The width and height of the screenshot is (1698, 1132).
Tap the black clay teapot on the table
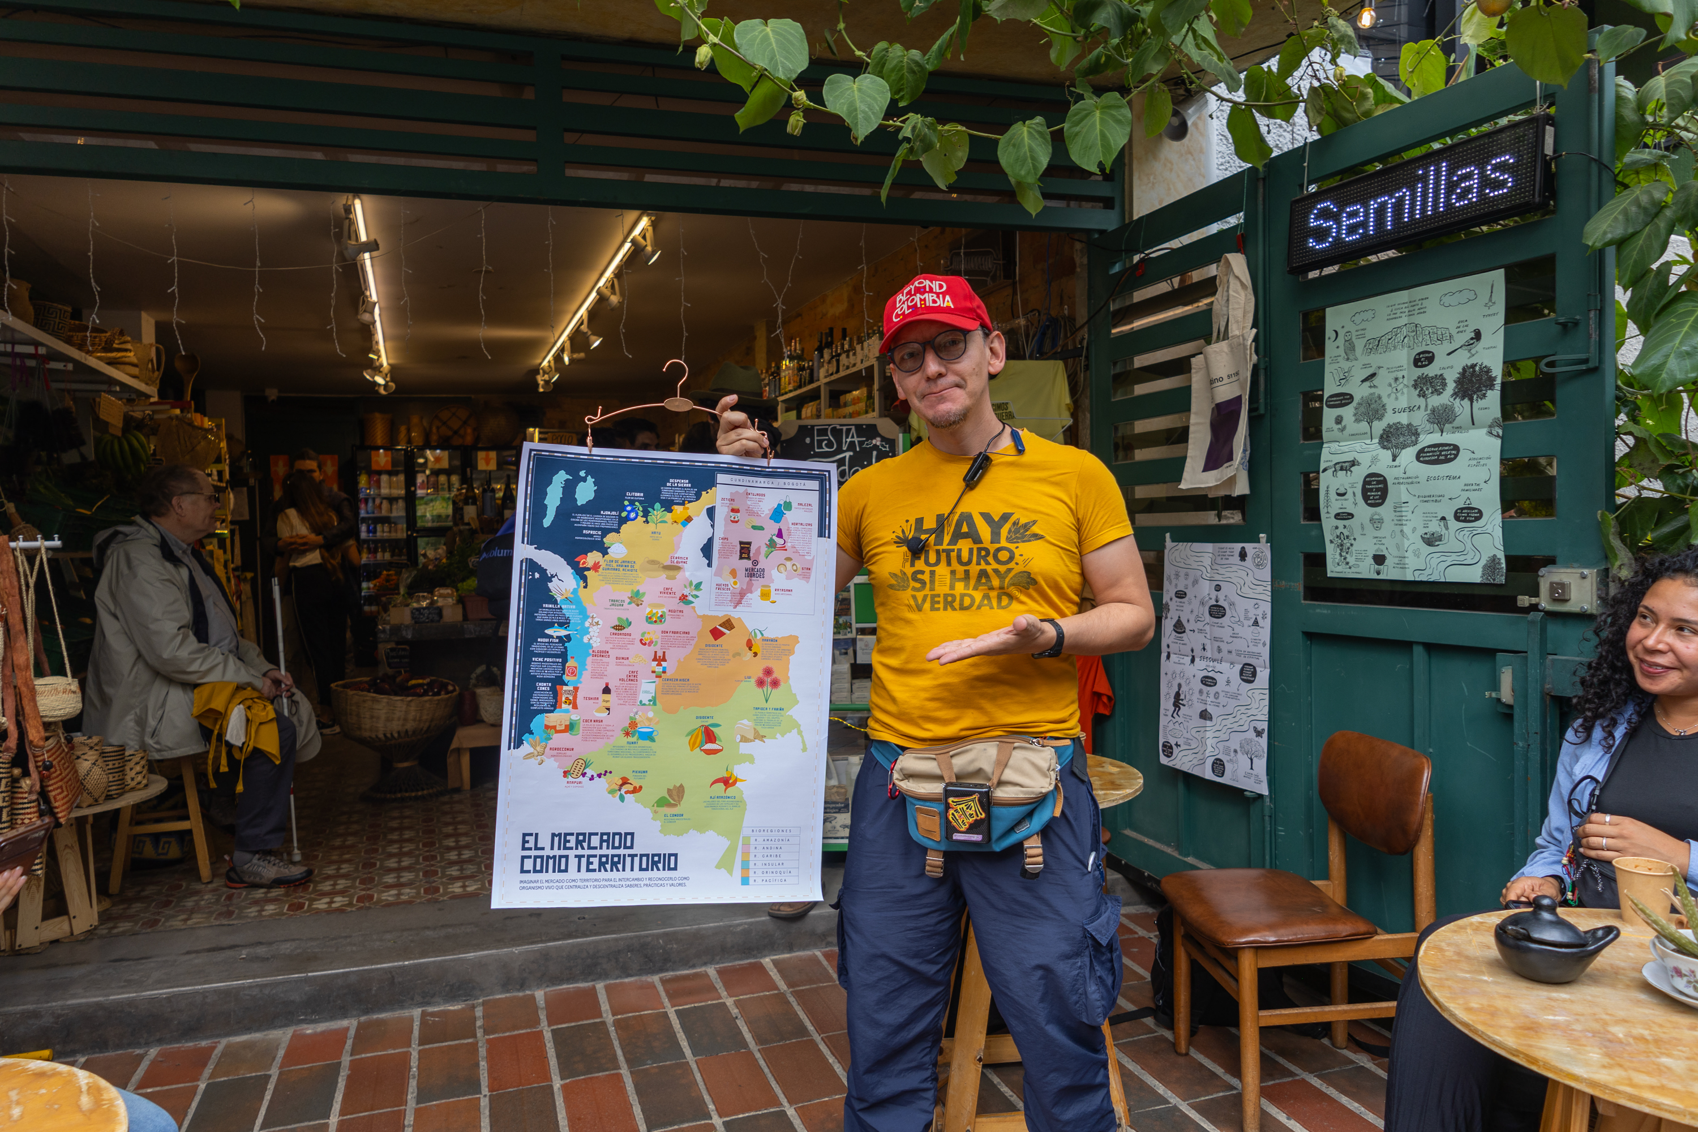tap(1551, 938)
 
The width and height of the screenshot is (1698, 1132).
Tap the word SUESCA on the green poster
tap(1405, 409)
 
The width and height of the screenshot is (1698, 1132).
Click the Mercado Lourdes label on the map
tap(754, 572)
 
